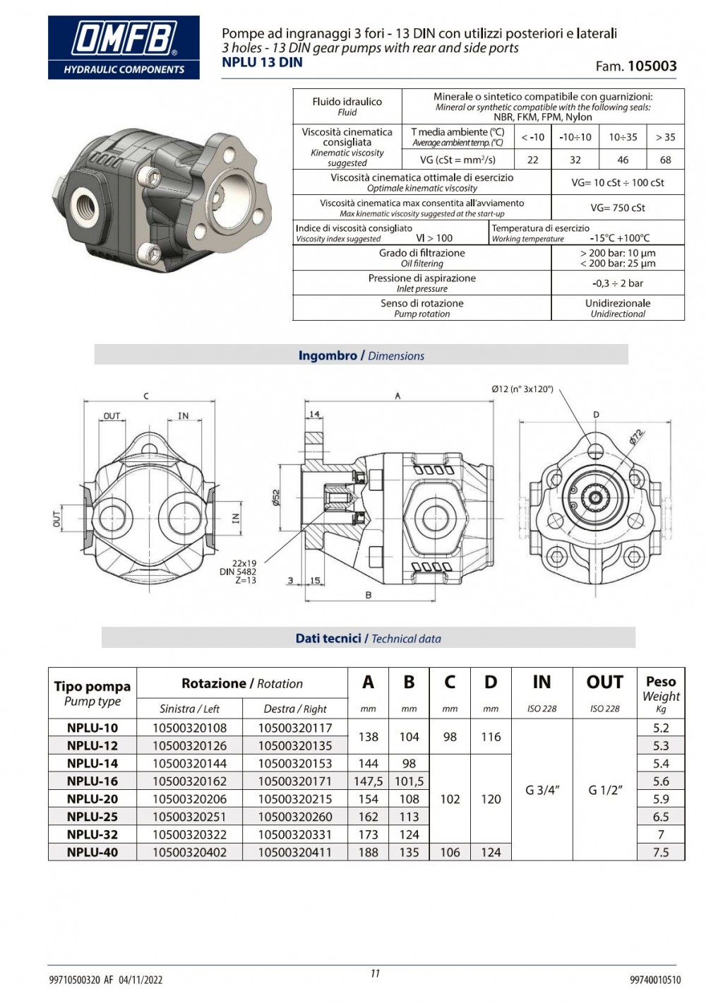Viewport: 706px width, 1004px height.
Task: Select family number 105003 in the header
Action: coord(652,66)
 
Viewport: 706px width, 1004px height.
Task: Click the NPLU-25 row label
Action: coord(92,817)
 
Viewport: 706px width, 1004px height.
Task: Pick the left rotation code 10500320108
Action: coord(189,728)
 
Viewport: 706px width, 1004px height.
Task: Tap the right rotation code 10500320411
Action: coord(294,852)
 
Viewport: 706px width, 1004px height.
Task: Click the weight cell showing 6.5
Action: coord(660,817)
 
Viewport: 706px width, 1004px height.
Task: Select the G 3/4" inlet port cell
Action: coord(542,791)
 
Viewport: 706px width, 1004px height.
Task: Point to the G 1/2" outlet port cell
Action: coord(604,791)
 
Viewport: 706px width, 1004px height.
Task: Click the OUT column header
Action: coord(604,683)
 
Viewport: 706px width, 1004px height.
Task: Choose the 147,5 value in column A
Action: coord(368,781)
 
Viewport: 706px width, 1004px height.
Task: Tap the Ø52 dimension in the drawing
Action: coord(276,498)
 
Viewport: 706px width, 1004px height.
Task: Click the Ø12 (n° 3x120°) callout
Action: coord(522,389)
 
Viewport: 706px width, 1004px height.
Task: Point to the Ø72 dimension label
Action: coord(636,437)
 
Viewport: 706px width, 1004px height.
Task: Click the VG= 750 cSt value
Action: coord(618,208)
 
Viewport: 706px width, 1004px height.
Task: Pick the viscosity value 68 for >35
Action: coord(665,160)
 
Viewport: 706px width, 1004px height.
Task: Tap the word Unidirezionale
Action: coord(618,303)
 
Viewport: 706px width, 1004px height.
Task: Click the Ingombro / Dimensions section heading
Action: coord(361,355)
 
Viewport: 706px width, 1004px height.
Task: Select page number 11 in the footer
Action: coord(375,974)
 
